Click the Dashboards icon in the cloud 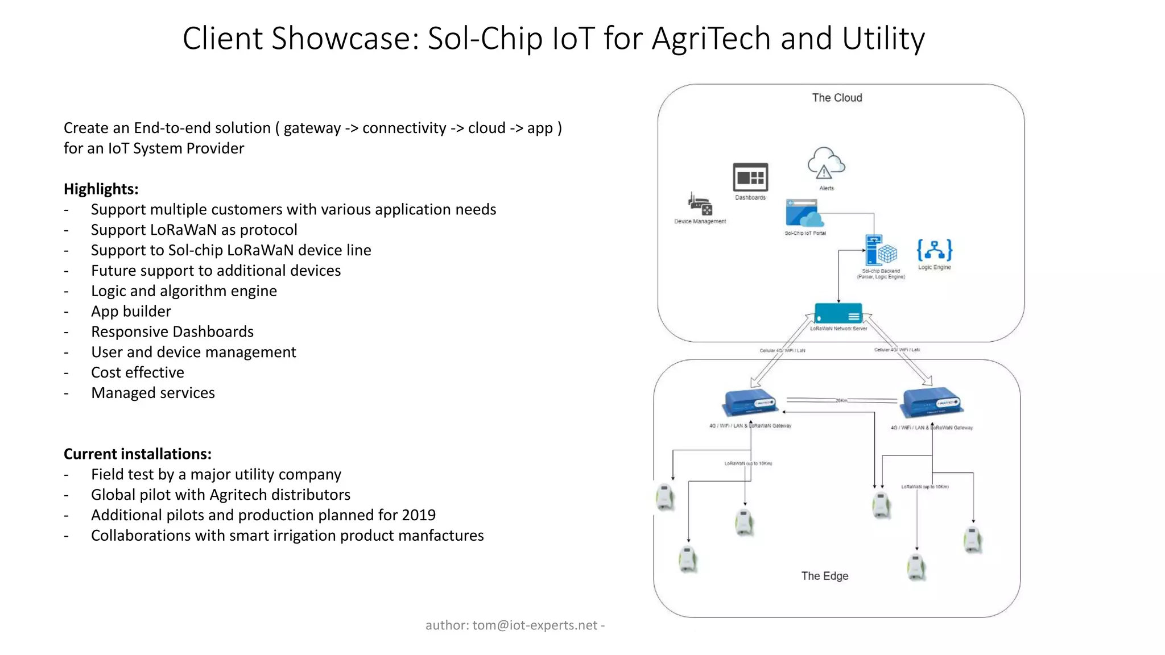point(750,177)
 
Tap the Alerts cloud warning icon point(826,164)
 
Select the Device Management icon point(700,204)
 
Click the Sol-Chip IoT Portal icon point(803,214)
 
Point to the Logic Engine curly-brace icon point(934,250)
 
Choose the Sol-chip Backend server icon point(881,250)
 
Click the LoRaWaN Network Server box point(838,313)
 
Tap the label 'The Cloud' point(837,98)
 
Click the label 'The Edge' point(824,576)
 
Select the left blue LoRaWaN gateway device point(750,403)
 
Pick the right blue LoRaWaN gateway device point(931,403)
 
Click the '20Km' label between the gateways point(841,401)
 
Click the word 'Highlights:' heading point(101,189)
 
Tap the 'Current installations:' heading point(138,454)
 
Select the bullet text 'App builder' point(131,311)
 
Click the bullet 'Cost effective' point(138,372)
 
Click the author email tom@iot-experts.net point(535,625)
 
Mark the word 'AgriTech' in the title point(711,39)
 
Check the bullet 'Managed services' point(153,393)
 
